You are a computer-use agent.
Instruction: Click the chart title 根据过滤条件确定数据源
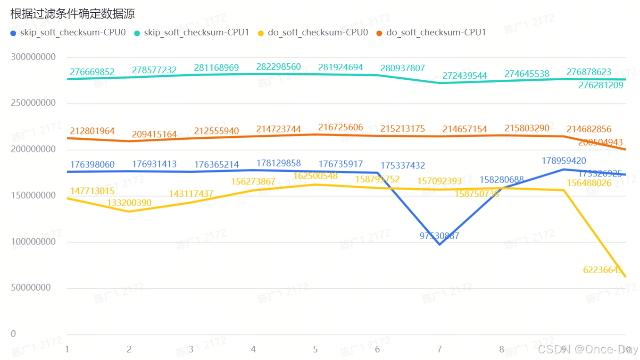[x=73, y=14]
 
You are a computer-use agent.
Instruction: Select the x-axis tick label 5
[x=316, y=350]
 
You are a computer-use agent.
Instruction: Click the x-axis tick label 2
[x=129, y=350]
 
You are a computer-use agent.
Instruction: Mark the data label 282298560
[x=278, y=67]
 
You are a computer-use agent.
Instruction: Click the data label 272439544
[x=465, y=75]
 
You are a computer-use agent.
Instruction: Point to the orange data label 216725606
[x=341, y=127]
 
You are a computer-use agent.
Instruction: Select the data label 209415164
[x=154, y=134]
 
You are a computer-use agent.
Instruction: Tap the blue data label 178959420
[x=564, y=161]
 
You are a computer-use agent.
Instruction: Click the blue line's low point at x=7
[x=440, y=244]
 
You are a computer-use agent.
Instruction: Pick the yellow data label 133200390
[x=129, y=203]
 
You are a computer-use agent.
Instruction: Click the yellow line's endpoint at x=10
[x=625, y=276]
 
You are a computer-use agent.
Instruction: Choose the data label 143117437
[x=191, y=194]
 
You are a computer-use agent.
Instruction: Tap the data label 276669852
[x=92, y=72]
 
